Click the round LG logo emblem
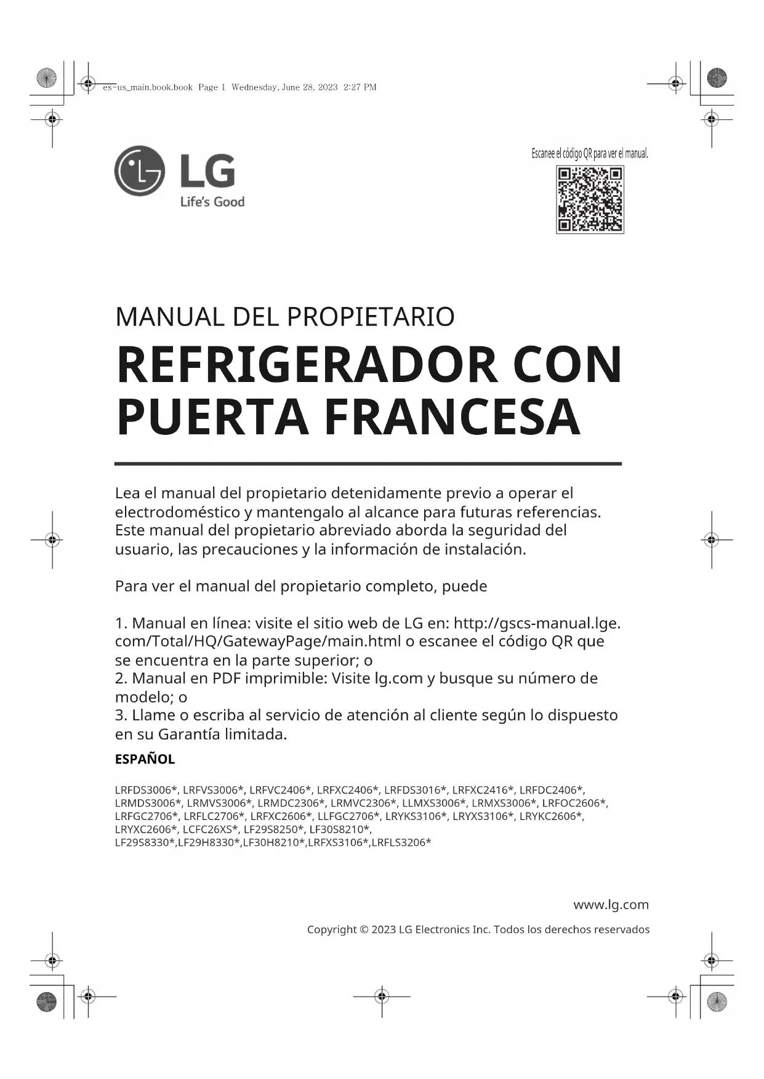click(x=140, y=171)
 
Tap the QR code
click(x=590, y=199)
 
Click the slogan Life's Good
click(x=212, y=202)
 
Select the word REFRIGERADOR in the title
click(x=307, y=365)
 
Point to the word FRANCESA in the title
click(x=452, y=418)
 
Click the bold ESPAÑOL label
click(x=145, y=759)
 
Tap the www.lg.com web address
click(x=611, y=904)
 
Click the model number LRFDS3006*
click(x=146, y=790)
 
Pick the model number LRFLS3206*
click(x=401, y=842)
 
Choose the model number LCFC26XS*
click(x=211, y=829)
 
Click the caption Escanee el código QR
click(x=589, y=154)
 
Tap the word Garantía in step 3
click(x=188, y=734)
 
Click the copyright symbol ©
click(x=364, y=930)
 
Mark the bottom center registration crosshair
click(x=382, y=996)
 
